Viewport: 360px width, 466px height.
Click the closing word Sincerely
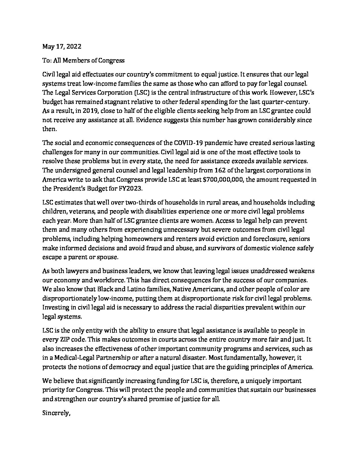[56, 413]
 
